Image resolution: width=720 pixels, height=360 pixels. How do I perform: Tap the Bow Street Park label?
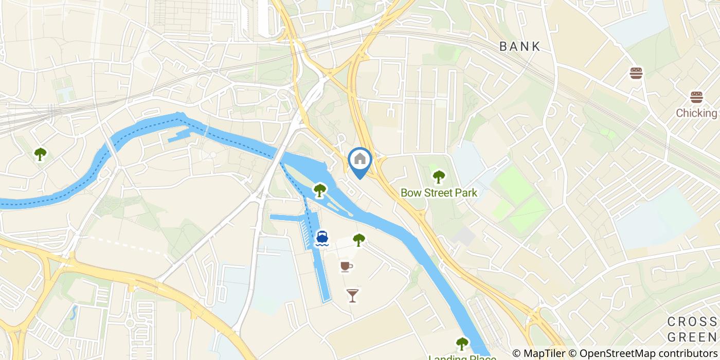click(439, 193)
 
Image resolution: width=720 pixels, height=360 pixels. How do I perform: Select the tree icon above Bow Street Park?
click(439, 177)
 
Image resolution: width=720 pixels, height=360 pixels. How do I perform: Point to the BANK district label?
click(520, 46)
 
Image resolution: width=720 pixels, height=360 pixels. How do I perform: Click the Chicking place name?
click(696, 113)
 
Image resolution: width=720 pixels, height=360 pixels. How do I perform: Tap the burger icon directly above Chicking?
click(696, 98)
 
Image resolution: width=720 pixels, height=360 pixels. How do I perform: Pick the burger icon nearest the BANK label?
click(636, 73)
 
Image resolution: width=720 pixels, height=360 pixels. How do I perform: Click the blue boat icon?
click(322, 238)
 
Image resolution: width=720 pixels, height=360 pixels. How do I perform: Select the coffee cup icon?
click(346, 266)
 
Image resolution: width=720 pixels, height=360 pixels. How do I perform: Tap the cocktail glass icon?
click(352, 295)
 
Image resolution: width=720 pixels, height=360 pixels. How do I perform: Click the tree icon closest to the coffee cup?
click(359, 239)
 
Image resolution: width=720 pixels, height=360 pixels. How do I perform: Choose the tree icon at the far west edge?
click(40, 153)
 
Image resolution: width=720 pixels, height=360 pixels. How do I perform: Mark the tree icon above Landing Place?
click(462, 343)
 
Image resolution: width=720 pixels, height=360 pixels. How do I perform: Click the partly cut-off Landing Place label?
click(462, 357)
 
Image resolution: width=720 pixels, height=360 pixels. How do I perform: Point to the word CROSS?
click(692, 322)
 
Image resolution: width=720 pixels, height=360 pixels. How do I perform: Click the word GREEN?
click(691, 337)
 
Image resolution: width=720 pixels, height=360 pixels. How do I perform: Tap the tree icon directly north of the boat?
click(320, 190)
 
